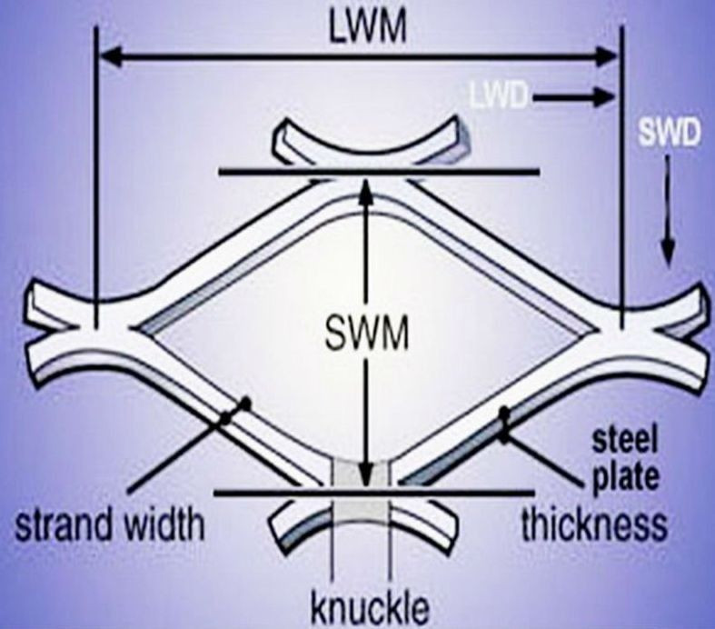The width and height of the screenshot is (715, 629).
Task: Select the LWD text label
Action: (x=498, y=94)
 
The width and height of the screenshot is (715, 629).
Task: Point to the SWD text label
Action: (x=669, y=135)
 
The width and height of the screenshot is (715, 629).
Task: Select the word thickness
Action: (x=594, y=524)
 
